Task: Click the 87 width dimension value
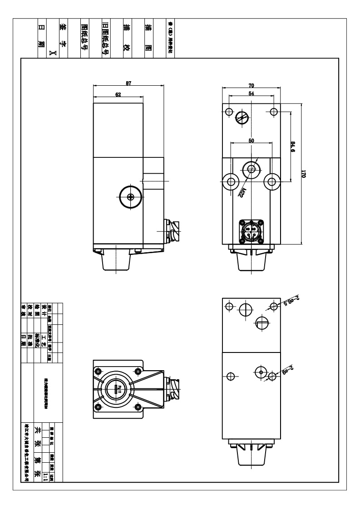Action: [128, 83]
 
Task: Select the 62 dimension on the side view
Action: [118, 94]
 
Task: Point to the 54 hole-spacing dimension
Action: [251, 93]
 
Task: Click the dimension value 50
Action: [251, 141]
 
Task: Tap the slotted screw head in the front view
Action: [242, 119]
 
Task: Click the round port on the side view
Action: [130, 196]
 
